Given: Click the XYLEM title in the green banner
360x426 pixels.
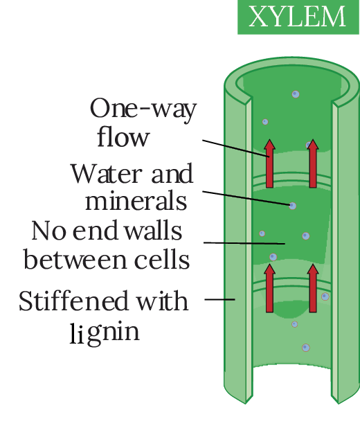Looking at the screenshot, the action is (x=297, y=17).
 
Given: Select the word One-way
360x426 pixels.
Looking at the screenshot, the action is (x=143, y=109).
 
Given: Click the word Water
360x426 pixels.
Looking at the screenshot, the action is (x=107, y=173).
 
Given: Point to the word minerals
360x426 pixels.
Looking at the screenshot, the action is (x=136, y=200).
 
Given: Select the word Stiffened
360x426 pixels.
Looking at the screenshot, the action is (x=73, y=301).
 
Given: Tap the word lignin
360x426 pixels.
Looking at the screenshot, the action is (x=105, y=332).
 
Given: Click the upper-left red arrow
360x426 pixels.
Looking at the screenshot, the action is (x=269, y=163).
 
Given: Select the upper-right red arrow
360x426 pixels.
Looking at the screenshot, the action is (x=313, y=163).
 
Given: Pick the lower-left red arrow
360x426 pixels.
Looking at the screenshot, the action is (x=269, y=288).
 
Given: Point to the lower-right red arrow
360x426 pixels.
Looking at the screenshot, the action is (x=313, y=288).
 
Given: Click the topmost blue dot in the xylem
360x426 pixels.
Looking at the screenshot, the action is (x=296, y=94).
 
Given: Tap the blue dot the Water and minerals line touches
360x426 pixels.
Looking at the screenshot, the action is (x=292, y=206).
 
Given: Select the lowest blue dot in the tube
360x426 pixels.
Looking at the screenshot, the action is (x=306, y=348).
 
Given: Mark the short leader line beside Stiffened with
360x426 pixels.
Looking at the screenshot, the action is (x=219, y=299).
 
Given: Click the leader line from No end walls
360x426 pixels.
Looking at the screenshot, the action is (x=244, y=243).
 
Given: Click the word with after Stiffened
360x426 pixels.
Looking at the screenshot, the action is (x=162, y=301).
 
